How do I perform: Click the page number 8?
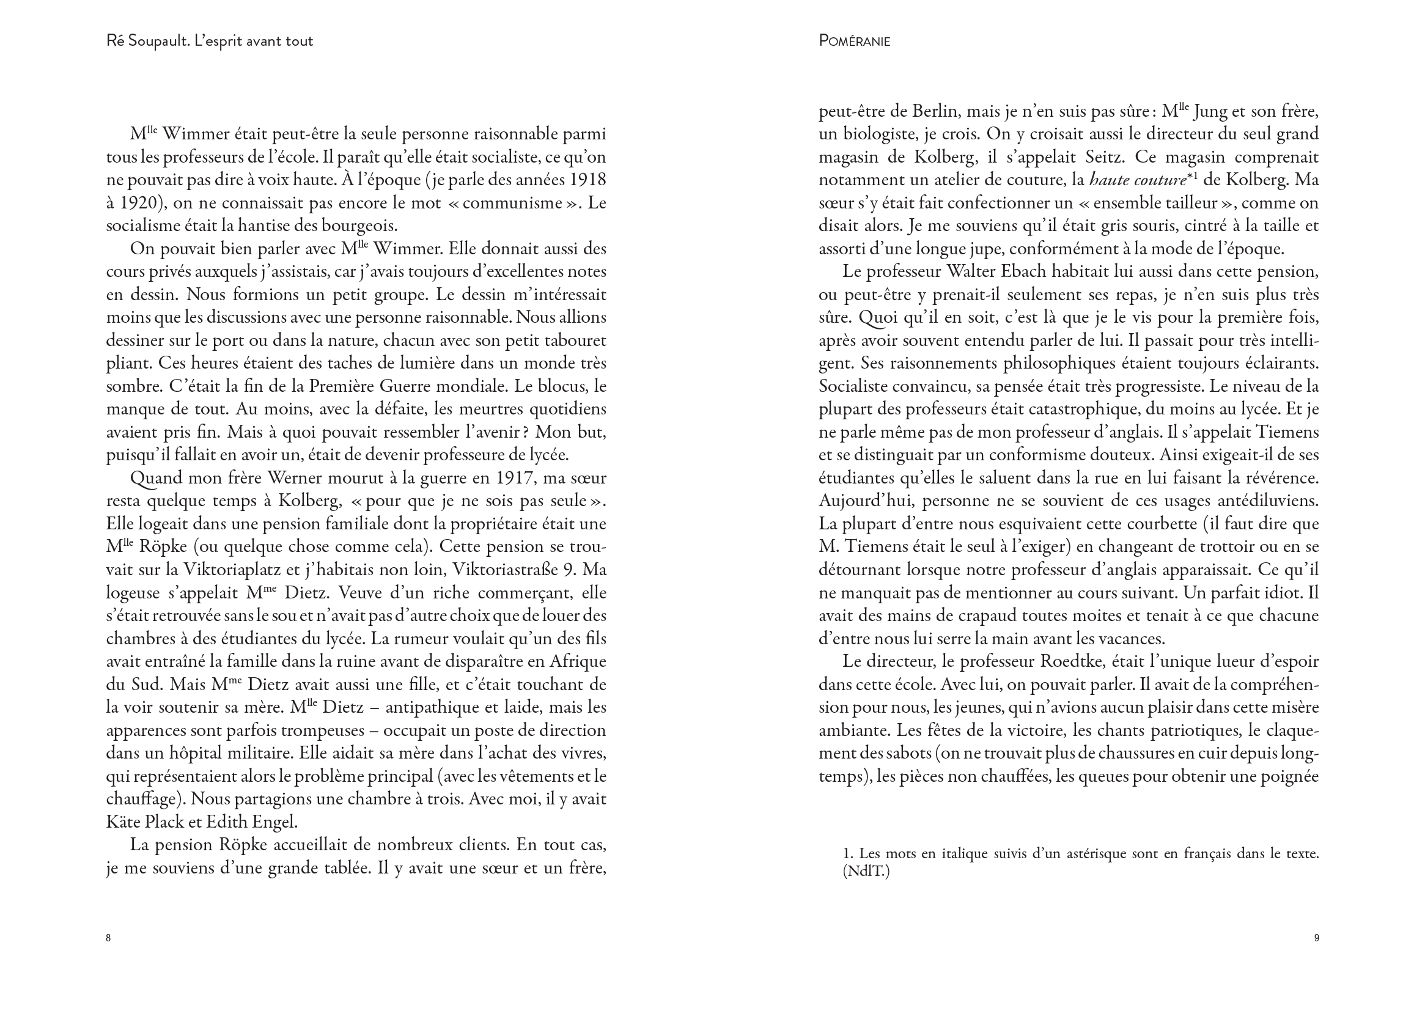pyautogui.click(x=108, y=938)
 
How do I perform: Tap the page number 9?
pyautogui.click(x=1316, y=938)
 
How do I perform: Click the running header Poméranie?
pyautogui.click(x=854, y=41)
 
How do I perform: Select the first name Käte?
pyautogui.click(x=123, y=822)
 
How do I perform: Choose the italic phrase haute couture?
pyautogui.click(x=1137, y=180)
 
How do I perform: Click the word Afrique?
pyautogui.click(x=576, y=661)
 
